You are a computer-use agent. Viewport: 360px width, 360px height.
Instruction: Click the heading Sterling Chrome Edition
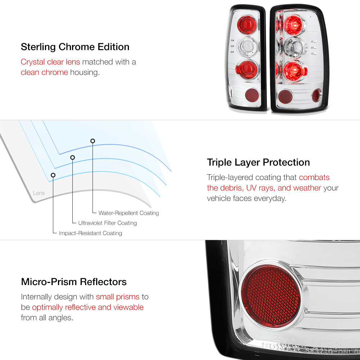(75, 47)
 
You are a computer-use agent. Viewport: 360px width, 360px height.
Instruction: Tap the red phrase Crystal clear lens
(50, 62)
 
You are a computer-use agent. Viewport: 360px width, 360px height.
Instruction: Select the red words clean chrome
(44, 72)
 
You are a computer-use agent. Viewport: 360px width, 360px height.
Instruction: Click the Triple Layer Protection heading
(258, 162)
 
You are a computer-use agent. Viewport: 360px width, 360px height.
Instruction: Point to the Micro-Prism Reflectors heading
(74, 282)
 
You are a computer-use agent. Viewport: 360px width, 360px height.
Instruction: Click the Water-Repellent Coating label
(129, 213)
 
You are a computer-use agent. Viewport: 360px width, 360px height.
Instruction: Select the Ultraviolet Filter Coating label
(107, 223)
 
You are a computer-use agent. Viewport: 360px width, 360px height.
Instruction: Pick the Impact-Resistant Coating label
(90, 233)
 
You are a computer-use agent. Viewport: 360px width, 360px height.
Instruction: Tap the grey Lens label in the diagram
(39, 193)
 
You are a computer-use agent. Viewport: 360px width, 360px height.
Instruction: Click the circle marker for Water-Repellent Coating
(93, 141)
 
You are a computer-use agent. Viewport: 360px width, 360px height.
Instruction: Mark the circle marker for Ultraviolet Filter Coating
(72, 157)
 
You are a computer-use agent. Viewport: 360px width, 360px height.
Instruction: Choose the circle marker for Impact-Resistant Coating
(53, 175)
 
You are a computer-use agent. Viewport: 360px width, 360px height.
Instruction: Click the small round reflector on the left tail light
(251, 95)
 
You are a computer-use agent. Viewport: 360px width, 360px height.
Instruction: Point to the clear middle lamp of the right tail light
(293, 47)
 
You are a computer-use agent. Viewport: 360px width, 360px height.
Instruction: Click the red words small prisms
(117, 297)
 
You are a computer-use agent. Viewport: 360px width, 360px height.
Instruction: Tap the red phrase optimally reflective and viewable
(87, 307)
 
